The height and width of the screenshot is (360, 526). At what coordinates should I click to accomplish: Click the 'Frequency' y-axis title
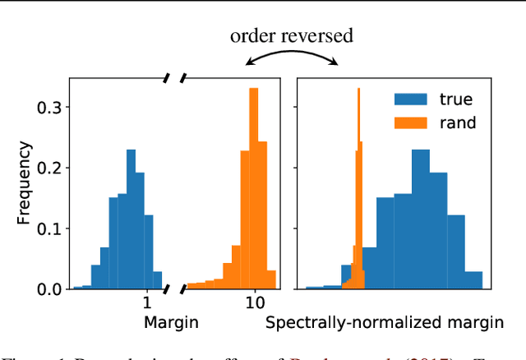[x=26, y=183]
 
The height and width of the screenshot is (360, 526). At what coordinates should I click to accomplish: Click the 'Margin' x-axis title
[x=170, y=323]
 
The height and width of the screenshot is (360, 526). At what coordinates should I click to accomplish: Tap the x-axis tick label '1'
[x=146, y=304]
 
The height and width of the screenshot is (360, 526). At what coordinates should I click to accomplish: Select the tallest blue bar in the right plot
[x=420, y=222]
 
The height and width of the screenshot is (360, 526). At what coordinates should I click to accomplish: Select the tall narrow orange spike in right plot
[x=358, y=189]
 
